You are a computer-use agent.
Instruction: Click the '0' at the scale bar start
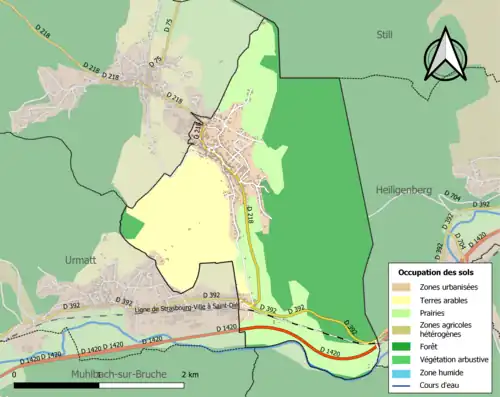15,373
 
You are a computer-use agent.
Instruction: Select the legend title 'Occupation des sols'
439,272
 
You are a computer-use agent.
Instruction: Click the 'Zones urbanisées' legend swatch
405,286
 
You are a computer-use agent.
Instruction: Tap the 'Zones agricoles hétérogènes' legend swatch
405,329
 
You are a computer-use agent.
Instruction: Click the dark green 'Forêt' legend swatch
405,346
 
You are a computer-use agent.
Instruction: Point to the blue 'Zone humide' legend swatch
405,372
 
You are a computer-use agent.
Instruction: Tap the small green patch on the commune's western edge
131,224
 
